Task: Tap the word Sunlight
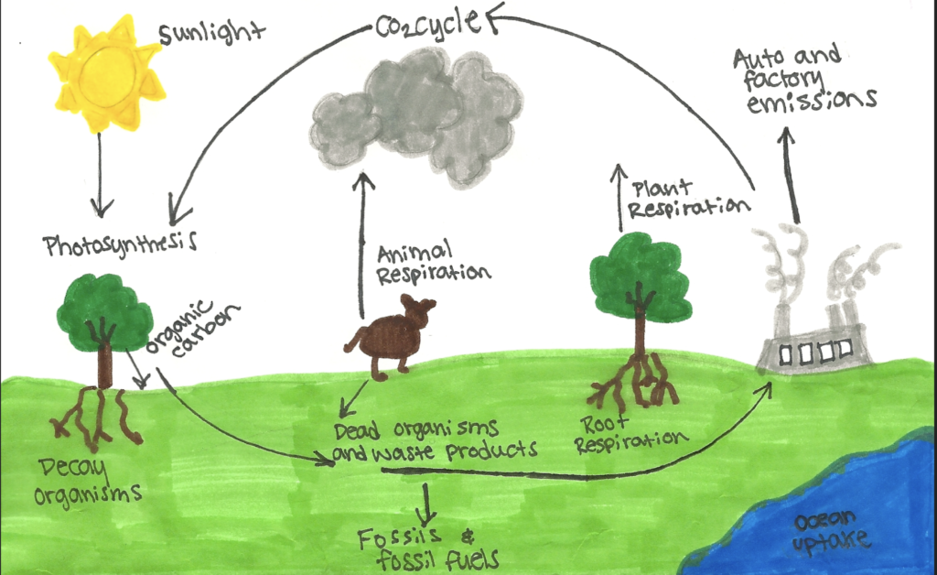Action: pyautogui.click(x=211, y=32)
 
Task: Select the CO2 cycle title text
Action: pyautogui.click(x=428, y=24)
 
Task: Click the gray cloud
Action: pyautogui.click(x=416, y=116)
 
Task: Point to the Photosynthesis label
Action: pyautogui.click(x=120, y=244)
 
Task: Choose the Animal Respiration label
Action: pyautogui.click(x=433, y=263)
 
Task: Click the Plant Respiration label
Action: pyautogui.click(x=689, y=200)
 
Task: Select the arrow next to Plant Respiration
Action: pyautogui.click(x=619, y=197)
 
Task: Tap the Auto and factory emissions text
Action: pyautogui.click(x=804, y=79)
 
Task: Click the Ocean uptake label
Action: pyautogui.click(x=832, y=531)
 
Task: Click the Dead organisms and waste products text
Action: pyautogui.click(x=435, y=441)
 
